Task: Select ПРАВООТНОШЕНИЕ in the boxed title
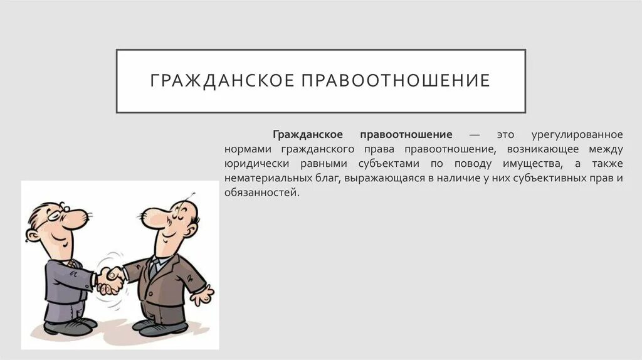(x=397, y=82)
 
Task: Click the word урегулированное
(x=577, y=135)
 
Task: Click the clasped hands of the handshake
(x=110, y=277)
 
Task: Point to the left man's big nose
(x=77, y=219)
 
